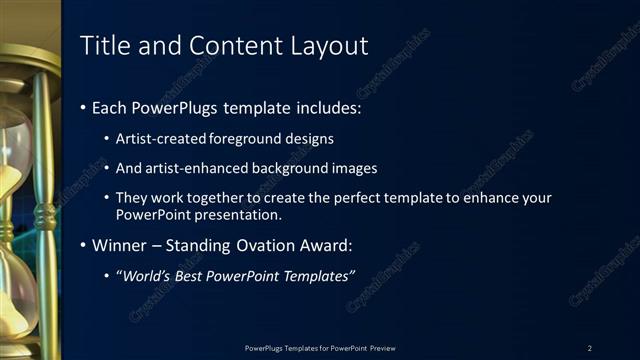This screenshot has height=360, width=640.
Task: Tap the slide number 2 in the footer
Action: (590, 347)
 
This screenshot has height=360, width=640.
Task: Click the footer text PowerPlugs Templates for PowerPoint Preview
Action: (320, 347)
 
